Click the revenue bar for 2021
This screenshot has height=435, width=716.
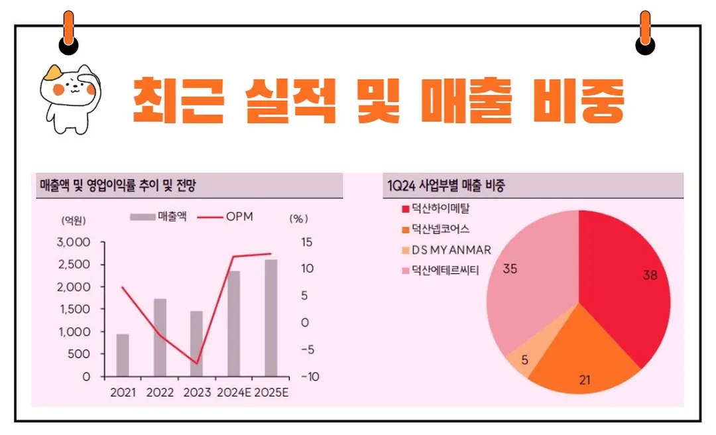(123, 355)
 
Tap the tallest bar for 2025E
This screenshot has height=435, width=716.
(270, 318)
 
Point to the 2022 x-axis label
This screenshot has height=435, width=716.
(160, 392)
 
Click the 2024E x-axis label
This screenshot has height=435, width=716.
(233, 392)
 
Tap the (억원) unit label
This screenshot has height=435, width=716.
(74, 219)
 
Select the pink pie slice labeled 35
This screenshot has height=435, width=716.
(530, 279)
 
